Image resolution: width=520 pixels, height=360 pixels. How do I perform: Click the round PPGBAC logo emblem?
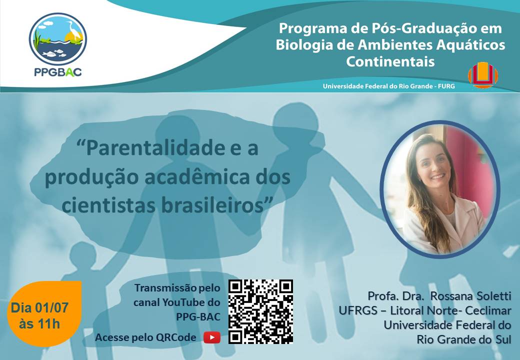point(58,39)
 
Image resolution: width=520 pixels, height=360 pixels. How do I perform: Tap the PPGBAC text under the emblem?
point(58,72)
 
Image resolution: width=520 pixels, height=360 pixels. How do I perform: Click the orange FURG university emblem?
point(483,75)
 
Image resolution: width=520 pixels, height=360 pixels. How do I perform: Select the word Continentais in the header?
point(390,61)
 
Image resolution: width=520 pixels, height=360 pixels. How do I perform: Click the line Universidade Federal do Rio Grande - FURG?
point(388,86)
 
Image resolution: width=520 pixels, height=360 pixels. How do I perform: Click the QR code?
point(260,311)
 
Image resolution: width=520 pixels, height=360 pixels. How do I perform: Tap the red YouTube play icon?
point(212,337)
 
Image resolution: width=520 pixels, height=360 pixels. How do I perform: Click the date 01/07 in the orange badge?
point(50,308)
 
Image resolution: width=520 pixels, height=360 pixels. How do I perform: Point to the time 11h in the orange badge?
point(49,324)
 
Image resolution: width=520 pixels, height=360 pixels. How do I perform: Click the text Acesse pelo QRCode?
point(145,337)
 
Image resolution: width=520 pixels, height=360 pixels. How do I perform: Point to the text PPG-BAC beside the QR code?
point(198,317)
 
